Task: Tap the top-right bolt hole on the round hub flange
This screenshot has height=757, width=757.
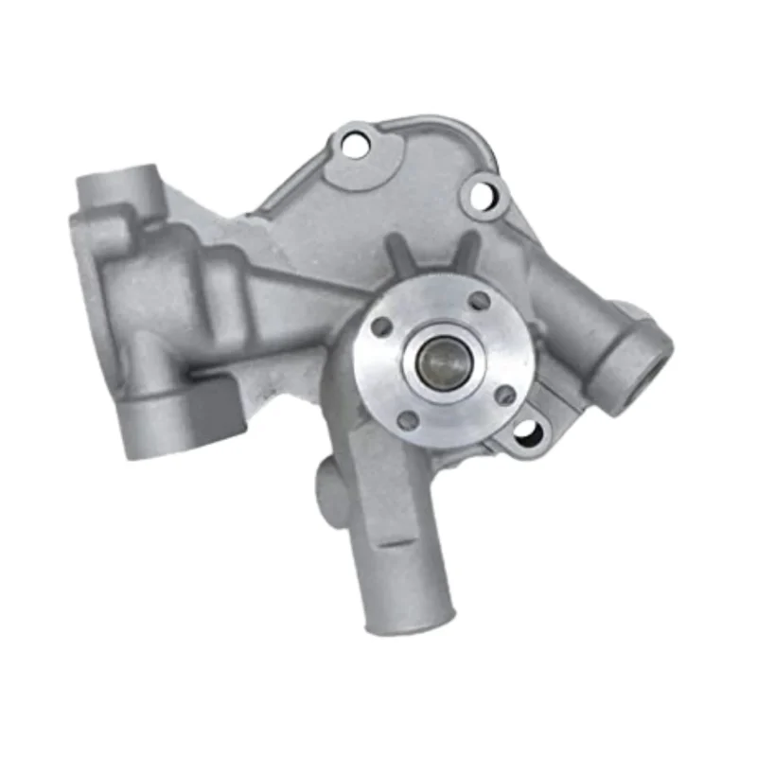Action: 480,300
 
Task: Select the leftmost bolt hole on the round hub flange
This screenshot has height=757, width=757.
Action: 382,326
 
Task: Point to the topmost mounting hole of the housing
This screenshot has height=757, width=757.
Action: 355,145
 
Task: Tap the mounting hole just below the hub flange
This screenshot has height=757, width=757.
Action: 528,433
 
